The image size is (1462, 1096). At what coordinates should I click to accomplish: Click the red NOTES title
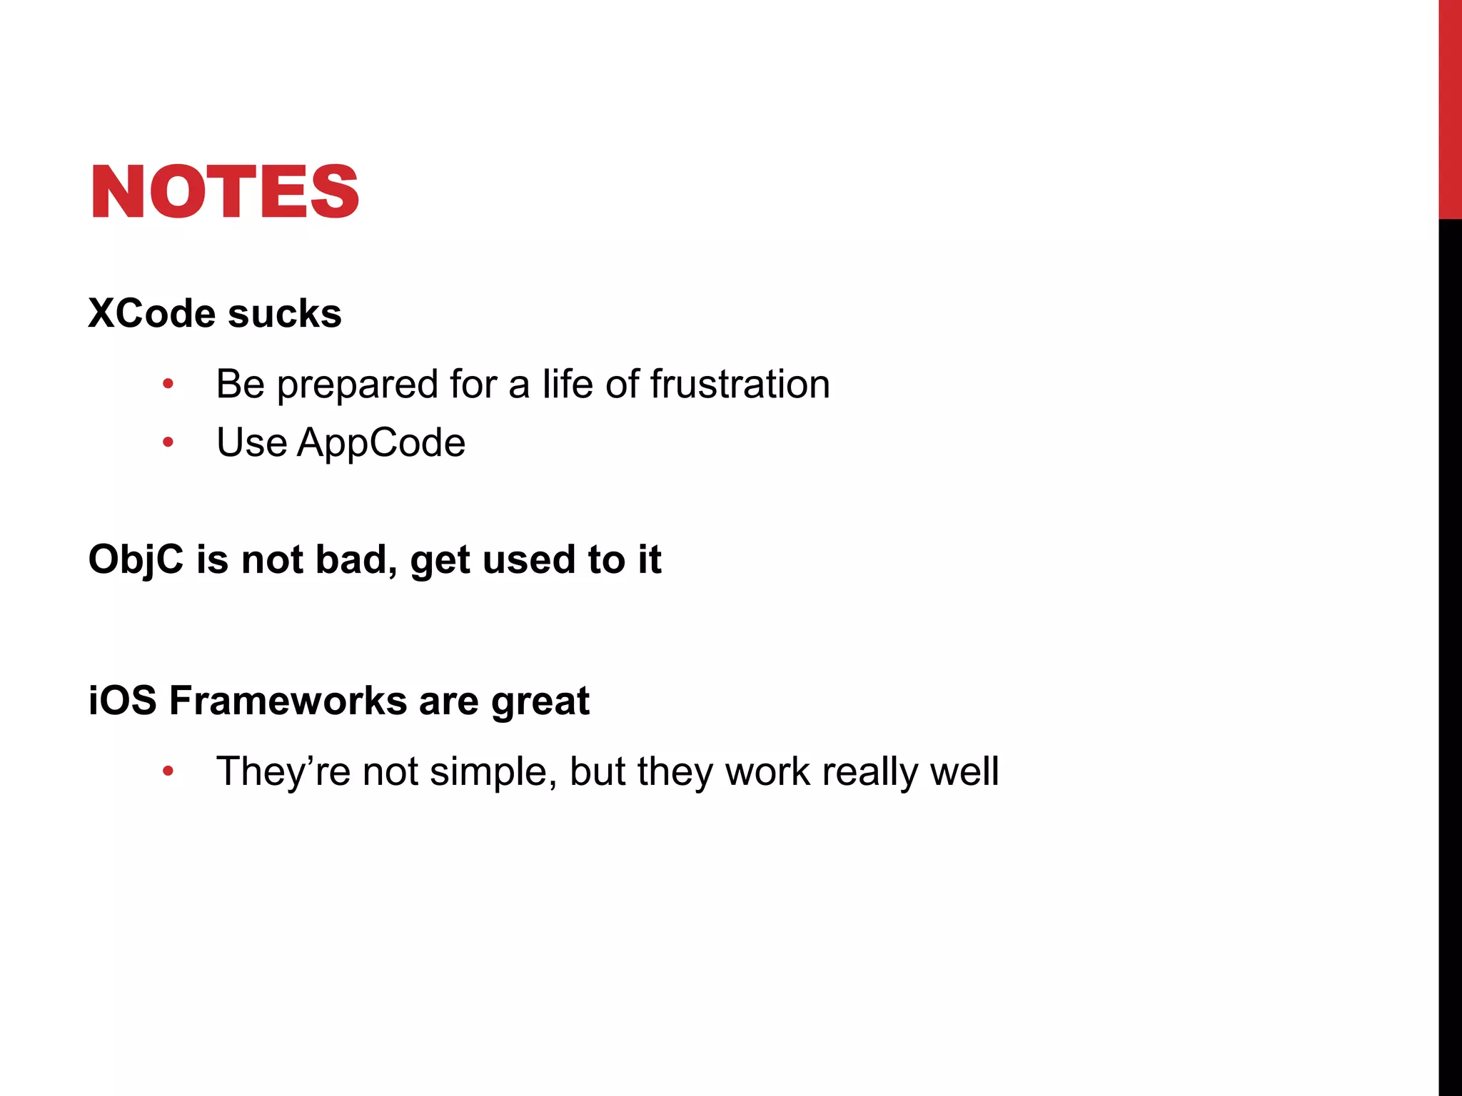[224, 191]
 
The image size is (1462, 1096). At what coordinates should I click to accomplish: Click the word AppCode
[381, 442]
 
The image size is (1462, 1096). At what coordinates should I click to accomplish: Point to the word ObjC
[136, 559]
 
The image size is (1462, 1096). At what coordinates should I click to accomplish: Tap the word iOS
[122, 700]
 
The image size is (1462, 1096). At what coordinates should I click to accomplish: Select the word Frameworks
[288, 700]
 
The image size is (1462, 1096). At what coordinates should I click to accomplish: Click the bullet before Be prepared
[168, 385]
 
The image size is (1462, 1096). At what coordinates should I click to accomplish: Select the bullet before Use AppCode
[168, 443]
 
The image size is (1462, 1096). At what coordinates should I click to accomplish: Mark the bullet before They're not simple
[168, 771]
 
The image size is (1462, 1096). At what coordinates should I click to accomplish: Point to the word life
[568, 384]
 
